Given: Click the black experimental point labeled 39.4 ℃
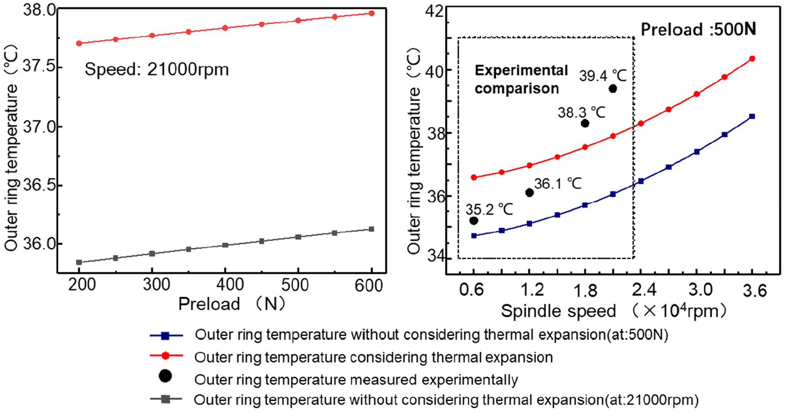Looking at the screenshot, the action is click(x=612, y=89).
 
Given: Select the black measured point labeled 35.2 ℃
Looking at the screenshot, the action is click(x=474, y=221).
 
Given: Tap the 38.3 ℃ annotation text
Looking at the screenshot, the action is click(x=581, y=112).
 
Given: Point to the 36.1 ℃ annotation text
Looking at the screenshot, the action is click(x=558, y=183).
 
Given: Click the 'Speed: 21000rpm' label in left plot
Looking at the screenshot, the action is click(x=157, y=69).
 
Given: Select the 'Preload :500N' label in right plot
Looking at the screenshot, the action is click(x=698, y=29).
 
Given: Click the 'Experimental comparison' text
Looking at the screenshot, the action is click(x=521, y=80).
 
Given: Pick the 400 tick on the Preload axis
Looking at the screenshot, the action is click(x=225, y=285).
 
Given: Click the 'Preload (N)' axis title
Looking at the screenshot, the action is click(x=232, y=304).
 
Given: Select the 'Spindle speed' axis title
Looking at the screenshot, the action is click(x=558, y=311).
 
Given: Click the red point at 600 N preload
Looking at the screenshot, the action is click(x=372, y=13).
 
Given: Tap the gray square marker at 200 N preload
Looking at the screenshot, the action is click(x=79, y=262).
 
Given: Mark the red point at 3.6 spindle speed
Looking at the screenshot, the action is click(x=752, y=58).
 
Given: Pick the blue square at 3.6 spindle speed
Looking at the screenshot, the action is click(x=752, y=116).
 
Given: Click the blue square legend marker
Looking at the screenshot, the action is click(x=165, y=336).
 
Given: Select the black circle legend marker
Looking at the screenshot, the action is click(x=165, y=376).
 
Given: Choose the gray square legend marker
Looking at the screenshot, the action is click(x=165, y=399).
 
